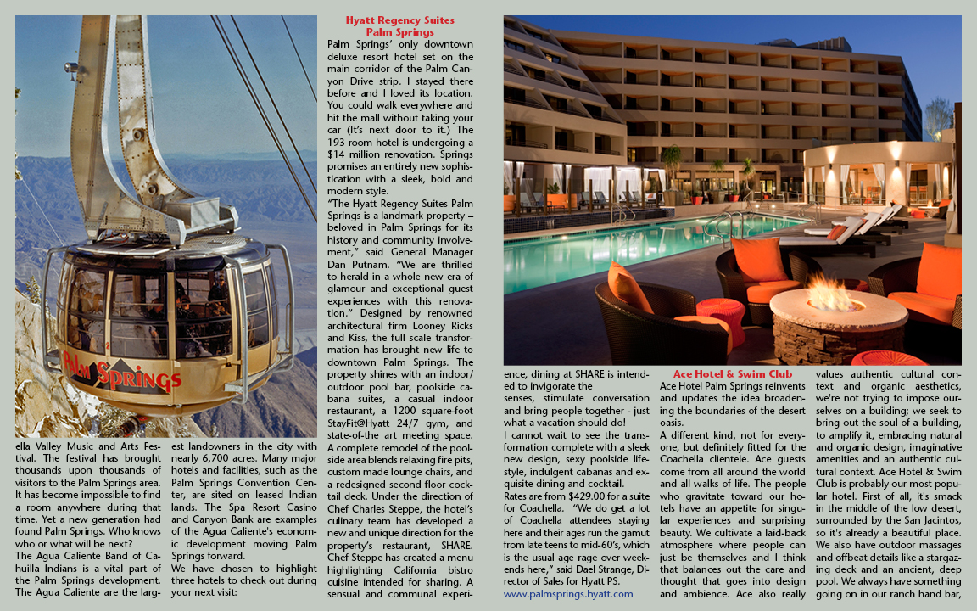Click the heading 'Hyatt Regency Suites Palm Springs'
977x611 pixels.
tap(399, 26)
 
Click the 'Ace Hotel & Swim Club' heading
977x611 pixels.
tap(732, 373)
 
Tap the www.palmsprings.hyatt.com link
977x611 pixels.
tap(567, 594)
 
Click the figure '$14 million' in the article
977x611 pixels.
tap(360, 154)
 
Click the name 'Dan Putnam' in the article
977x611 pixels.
tap(358, 263)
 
